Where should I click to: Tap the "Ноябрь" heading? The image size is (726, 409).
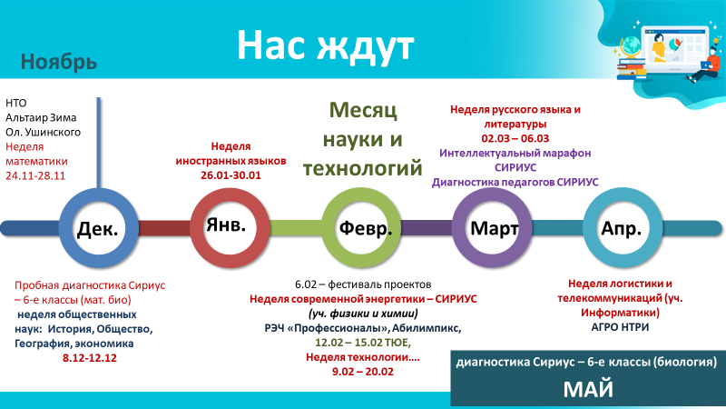pos(59,62)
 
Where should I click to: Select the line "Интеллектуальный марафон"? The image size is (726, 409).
pos(515,154)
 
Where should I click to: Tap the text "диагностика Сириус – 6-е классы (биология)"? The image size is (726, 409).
pos(586,362)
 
